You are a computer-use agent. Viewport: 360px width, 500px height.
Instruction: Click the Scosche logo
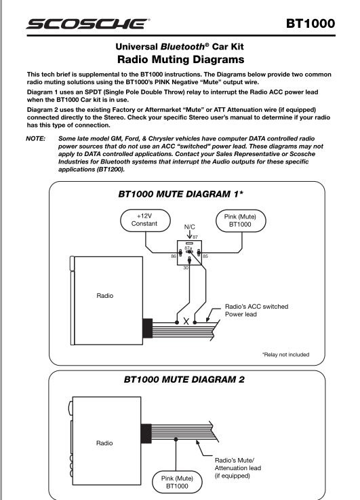pos(88,24)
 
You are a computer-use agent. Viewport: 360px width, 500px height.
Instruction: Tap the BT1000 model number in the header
pos(311,24)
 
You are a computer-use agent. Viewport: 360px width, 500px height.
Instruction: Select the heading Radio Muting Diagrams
pos(180,60)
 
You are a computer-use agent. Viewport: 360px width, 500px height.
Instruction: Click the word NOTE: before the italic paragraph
pos(36,138)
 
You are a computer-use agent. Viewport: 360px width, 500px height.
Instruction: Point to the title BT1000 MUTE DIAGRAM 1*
pos(180,194)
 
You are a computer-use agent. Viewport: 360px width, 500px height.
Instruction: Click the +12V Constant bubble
pos(145,220)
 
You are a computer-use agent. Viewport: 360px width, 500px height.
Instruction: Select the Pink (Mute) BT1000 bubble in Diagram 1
pos(241,220)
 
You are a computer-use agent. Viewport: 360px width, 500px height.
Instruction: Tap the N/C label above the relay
pos(190,227)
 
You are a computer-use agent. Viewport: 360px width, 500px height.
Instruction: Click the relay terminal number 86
pos(174,256)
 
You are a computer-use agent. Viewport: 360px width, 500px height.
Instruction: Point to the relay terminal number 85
pos(205,256)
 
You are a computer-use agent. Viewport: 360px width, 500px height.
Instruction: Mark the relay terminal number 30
pos(186,268)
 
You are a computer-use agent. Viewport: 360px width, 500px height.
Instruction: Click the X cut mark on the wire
pos(186,322)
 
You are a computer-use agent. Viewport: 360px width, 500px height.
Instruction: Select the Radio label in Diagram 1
pos(105,296)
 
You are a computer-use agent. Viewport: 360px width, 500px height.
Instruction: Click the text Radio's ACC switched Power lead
pos(256,310)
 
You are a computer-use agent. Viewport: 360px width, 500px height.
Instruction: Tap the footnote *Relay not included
pos(286,355)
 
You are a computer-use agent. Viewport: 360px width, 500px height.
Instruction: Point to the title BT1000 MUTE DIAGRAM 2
pos(184,379)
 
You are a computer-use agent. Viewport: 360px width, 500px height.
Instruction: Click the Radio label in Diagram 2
pos(104,443)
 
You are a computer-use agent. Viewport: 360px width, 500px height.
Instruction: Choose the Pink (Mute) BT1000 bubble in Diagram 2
pos(177,482)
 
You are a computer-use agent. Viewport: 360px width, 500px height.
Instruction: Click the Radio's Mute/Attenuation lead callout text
pos(238,468)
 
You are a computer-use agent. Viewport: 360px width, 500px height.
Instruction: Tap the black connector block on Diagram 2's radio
pos(146,434)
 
